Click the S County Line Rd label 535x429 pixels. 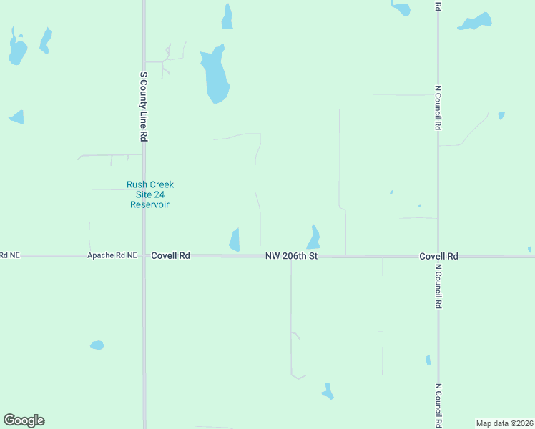(x=144, y=106)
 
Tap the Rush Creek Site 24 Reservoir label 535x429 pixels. (x=150, y=194)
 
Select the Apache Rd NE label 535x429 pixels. (x=112, y=255)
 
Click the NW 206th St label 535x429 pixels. (x=290, y=255)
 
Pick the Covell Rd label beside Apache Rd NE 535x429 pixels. (x=170, y=255)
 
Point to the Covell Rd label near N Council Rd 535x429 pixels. (x=438, y=255)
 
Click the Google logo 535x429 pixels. (x=24, y=420)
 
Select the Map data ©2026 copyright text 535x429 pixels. (x=504, y=423)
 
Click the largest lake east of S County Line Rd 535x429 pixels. (x=215, y=75)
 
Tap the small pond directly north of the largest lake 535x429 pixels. (x=227, y=18)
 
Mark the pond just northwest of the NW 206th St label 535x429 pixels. (x=235, y=240)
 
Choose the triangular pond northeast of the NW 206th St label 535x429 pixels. (x=313, y=237)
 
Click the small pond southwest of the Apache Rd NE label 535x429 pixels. (x=97, y=345)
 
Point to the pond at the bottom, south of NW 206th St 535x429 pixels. (x=328, y=392)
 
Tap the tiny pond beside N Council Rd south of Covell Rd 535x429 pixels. (x=428, y=360)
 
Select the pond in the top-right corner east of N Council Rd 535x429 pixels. (x=475, y=22)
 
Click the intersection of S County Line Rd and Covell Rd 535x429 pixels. (x=144, y=255)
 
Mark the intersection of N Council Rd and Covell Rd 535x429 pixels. (x=438, y=255)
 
